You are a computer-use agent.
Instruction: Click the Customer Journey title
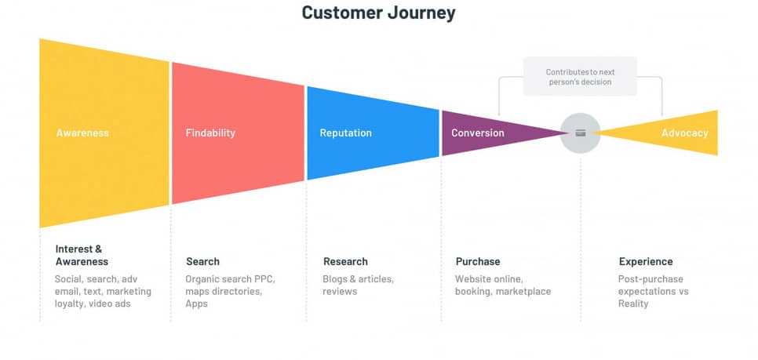coord(378,13)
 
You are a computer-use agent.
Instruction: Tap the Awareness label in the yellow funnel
coord(82,133)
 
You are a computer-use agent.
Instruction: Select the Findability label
coord(210,133)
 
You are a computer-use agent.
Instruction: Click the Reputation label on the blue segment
coord(345,133)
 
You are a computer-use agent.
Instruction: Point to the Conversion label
coord(478,133)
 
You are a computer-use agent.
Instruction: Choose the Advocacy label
coord(685,133)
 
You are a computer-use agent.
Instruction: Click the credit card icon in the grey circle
coord(581,133)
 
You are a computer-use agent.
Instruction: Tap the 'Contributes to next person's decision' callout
coord(580,77)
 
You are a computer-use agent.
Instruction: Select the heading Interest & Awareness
coord(82,255)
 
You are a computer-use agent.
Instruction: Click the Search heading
coord(202,261)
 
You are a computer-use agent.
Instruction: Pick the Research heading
coord(345,261)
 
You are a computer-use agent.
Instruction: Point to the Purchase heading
coord(478,261)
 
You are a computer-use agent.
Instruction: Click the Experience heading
coord(646,261)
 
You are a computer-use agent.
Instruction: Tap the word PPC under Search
coord(264,279)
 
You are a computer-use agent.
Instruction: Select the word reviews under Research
coord(340,292)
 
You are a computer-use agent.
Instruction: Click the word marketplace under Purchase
coord(523,292)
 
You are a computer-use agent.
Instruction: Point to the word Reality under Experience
coord(633,304)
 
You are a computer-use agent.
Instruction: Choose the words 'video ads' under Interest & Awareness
coord(110,304)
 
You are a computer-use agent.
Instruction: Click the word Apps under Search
coord(196,304)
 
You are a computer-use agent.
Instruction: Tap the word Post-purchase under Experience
coord(650,279)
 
